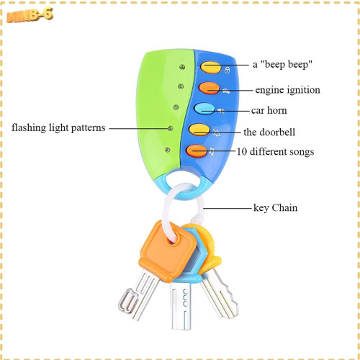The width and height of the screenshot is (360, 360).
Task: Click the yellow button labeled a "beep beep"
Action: pos(211,67)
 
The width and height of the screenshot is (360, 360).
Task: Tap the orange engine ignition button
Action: pos(209,88)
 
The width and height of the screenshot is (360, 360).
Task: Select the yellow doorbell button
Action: pos(199,130)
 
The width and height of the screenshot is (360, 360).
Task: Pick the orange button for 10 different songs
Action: pos(197,151)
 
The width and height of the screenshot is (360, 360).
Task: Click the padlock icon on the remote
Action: pos(227,70)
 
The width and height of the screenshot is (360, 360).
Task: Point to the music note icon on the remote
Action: pos(212,151)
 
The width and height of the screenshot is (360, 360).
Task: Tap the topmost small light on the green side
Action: pos(182,67)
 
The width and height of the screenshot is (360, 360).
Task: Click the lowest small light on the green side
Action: pos(168,150)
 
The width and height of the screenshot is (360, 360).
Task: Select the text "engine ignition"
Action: pos(287,90)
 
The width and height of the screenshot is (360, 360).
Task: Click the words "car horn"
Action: pos(269,110)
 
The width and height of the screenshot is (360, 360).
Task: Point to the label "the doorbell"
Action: pos(269,132)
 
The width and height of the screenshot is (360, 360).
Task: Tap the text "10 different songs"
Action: pos(276,152)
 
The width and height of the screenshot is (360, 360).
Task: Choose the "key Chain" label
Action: pos(276,208)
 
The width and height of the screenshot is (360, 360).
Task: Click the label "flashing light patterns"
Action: pos(58,127)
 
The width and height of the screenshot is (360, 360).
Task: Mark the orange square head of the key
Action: pos(166,251)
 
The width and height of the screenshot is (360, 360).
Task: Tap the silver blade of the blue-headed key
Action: pos(181,305)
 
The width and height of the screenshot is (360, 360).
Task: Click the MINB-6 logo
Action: pos(30,15)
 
